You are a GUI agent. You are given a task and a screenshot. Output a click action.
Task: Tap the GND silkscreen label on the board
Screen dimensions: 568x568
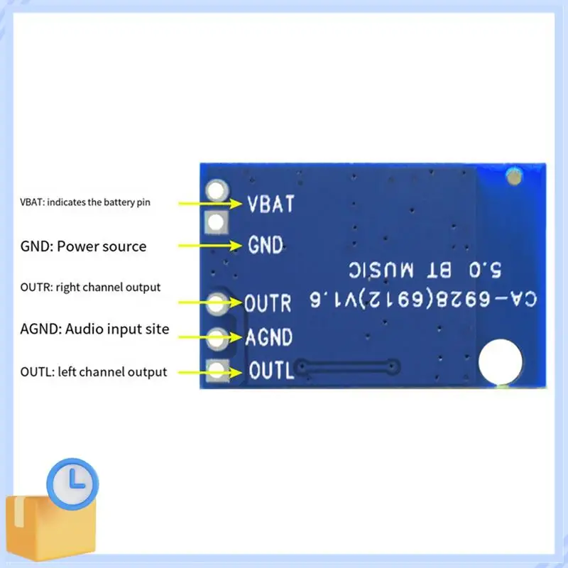266,246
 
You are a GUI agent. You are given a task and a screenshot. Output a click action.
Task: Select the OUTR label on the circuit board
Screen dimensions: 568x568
268,303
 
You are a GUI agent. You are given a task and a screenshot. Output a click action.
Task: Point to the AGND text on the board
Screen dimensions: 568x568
268,337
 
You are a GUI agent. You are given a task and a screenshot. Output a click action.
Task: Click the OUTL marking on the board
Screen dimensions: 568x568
271,371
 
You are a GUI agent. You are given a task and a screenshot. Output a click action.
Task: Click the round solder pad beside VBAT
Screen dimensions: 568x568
217,190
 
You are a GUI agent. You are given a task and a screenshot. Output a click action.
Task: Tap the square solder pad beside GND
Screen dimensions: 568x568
217,223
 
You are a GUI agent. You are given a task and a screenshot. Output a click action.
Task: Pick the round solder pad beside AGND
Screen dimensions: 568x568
217,337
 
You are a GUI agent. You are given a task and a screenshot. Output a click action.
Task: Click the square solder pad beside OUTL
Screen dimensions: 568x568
217,369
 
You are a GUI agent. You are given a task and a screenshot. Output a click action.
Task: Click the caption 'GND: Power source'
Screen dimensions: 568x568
83,246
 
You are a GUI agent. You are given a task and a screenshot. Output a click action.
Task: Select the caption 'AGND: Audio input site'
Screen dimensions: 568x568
94,329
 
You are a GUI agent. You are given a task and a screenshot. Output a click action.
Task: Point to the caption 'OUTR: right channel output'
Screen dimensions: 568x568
90,288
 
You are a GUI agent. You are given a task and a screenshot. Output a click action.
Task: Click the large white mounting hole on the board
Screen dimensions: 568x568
501,361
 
